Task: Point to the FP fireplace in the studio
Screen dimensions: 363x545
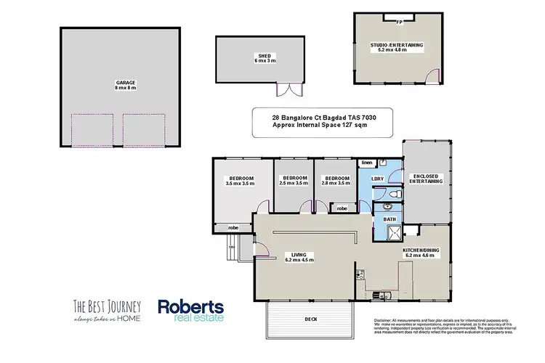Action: pyautogui.click(x=399, y=22)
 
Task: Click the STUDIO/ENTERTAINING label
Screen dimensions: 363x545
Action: pyautogui.click(x=397, y=47)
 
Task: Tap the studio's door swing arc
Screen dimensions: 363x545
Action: pyautogui.click(x=433, y=73)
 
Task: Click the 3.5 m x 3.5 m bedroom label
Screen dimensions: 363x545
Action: pyautogui.click(x=241, y=181)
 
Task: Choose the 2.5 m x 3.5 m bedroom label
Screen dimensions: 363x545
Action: pyautogui.click(x=293, y=181)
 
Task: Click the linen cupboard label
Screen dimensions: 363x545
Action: pyautogui.click(x=366, y=163)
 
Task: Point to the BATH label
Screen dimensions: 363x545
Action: pyautogui.click(x=389, y=219)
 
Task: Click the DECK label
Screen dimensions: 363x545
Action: pyautogui.click(x=312, y=318)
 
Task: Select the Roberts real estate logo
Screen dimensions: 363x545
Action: pyautogui.click(x=190, y=310)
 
